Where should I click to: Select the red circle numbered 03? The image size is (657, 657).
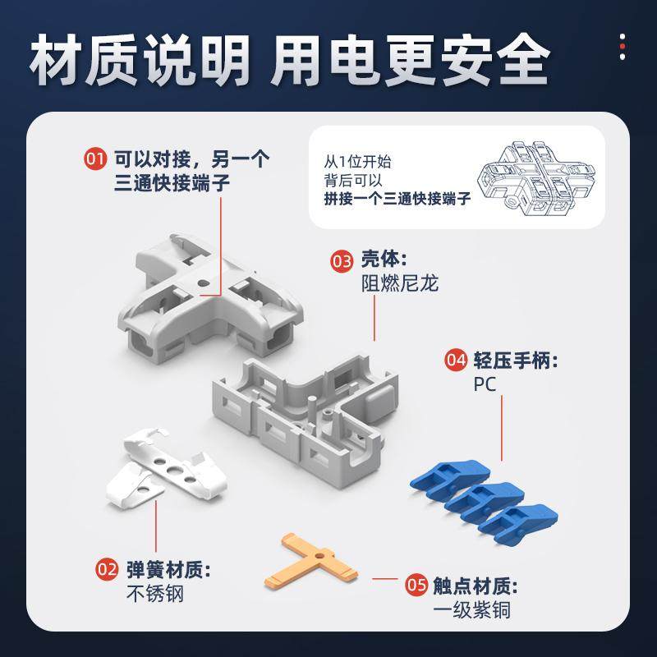click(x=342, y=262)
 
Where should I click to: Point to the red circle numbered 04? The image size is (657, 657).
click(x=456, y=361)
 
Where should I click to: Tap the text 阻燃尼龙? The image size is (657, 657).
click(x=400, y=285)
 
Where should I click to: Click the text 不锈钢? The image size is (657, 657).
click(x=154, y=593)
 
